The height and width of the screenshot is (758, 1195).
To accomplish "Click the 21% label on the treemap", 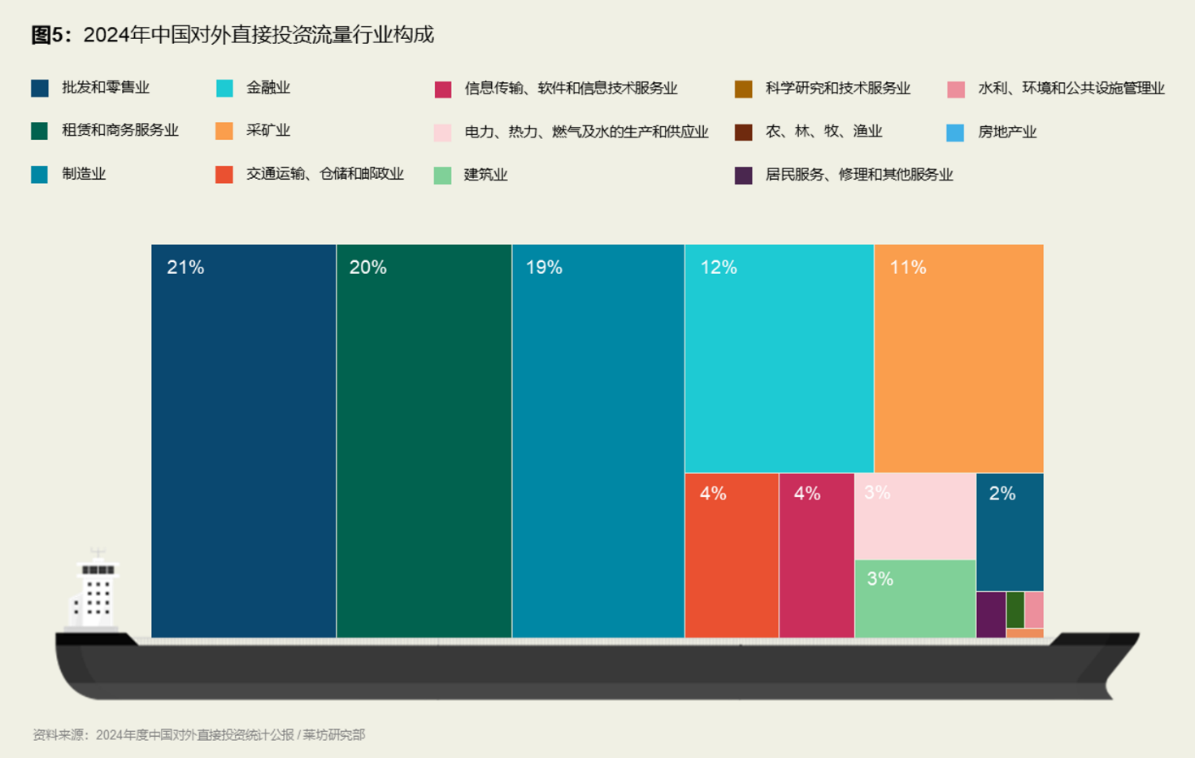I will [x=185, y=268].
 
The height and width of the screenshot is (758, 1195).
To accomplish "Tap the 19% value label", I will [x=544, y=268].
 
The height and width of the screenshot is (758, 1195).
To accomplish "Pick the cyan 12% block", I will [x=779, y=359].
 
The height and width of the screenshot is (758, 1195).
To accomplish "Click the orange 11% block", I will [x=958, y=359].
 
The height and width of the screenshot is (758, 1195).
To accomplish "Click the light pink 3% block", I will [x=915, y=516].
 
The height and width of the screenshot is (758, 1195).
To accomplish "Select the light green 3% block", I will [x=915, y=599].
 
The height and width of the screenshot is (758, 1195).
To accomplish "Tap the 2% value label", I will [x=1002, y=494].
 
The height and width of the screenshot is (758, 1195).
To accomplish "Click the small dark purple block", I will [x=990, y=615].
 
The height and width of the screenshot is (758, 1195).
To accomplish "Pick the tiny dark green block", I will [x=1015, y=610].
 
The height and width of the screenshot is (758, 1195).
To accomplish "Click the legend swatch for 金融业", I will [x=224, y=89].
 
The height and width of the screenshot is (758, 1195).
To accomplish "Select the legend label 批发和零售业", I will [x=106, y=88].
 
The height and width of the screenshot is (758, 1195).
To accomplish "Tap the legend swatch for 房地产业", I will [x=955, y=133].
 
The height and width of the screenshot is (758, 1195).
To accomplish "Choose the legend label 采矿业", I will [x=268, y=131].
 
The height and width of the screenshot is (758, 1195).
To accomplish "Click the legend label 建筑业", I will [x=485, y=175].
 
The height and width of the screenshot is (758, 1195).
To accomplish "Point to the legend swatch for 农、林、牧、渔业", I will [x=743, y=133].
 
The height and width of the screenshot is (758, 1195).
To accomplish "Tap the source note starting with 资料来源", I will [x=199, y=735].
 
